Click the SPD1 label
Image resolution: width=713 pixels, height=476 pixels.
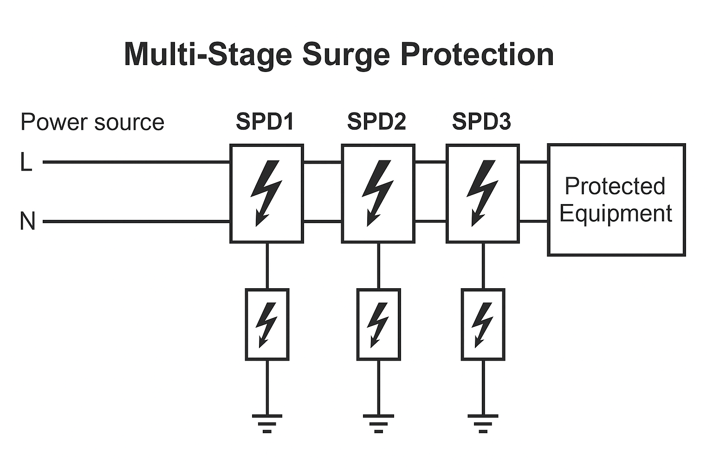point(265,122)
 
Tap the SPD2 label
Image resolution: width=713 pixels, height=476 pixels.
point(376,122)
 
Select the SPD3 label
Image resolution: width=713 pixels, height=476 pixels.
point(481,122)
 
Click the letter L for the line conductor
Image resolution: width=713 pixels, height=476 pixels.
point(26,163)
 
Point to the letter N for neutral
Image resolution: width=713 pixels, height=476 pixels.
point(27,221)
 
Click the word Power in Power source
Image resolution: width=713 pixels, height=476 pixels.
point(54,122)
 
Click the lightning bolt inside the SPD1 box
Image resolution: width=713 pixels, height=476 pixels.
point(266,193)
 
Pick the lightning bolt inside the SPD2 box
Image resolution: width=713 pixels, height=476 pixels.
point(377,193)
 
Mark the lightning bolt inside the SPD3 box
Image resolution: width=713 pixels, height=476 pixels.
point(482,193)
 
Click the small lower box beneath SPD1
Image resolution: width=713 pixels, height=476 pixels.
point(267,324)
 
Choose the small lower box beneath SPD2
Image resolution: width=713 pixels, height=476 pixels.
point(378,324)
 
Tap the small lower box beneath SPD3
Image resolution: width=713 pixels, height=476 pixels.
point(483,324)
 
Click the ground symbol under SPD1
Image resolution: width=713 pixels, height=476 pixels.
point(267,422)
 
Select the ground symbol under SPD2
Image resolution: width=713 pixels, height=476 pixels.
point(378,422)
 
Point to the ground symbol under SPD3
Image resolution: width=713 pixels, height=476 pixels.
point(483,422)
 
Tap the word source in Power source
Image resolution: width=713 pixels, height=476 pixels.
point(129,122)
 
